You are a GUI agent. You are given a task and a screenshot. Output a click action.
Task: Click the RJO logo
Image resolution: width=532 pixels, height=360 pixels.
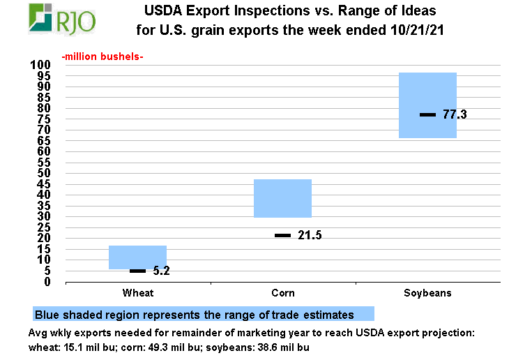62,19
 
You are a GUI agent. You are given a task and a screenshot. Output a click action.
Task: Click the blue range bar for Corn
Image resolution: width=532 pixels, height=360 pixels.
282,198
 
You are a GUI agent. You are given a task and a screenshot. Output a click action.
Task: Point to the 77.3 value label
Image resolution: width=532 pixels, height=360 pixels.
455,114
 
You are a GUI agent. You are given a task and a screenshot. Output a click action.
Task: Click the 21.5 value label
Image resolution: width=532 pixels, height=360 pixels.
310,236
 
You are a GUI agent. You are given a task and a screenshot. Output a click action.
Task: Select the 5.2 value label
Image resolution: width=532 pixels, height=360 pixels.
161,271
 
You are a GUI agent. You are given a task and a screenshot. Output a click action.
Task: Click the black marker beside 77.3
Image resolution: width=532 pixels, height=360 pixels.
427,114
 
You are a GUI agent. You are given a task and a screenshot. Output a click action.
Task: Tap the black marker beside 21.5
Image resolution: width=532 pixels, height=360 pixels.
282,236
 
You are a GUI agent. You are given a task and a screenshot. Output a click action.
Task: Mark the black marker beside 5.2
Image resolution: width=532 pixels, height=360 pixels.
137,271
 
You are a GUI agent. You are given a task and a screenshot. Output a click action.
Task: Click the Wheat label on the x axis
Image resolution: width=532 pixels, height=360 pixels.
137,293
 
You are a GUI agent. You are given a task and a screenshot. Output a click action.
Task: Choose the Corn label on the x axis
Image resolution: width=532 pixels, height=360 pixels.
282,293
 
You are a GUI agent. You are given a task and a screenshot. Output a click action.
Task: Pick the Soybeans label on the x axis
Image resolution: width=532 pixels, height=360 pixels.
427,293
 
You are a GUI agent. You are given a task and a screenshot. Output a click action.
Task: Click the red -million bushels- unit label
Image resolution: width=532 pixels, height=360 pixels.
102,56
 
